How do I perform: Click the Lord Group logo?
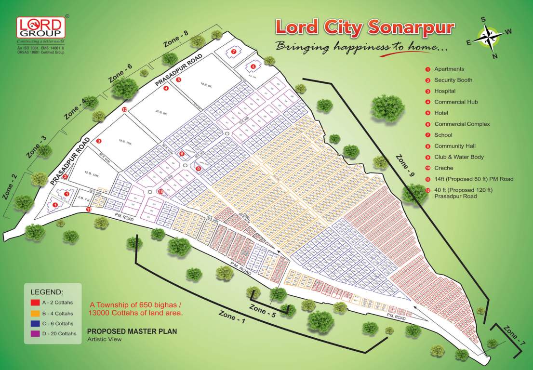40,28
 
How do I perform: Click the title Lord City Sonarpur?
364,27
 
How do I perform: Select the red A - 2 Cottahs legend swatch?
35,303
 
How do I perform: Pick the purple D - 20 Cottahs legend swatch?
35,333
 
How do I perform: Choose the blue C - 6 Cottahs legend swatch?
35,323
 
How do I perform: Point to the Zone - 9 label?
405,171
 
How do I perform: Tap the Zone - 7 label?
514,336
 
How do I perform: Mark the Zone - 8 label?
175,39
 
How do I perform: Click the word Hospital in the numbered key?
444,91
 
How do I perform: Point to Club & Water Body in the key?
459,157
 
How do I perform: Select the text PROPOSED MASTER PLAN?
132,331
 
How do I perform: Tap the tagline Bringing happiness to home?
361,47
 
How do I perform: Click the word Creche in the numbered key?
443,168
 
